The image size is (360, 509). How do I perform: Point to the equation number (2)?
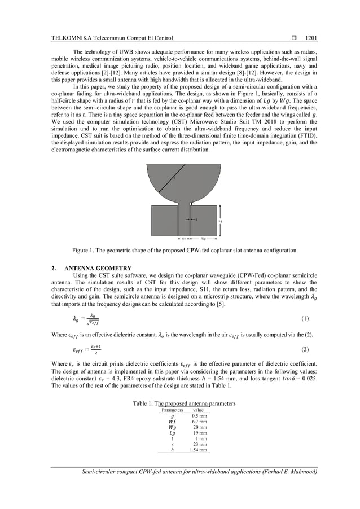(x=305, y=350)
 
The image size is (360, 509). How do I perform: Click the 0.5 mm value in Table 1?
(x=199, y=415)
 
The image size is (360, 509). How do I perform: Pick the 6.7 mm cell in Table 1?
(x=199, y=422)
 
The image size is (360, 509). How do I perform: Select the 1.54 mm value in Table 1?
(x=198, y=450)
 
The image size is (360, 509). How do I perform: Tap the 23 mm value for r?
(x=200, y=445)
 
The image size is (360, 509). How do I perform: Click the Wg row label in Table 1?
(x=172, y=427)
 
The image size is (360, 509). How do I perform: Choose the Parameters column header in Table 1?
(x=172, y=410)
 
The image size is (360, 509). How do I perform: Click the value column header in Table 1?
(x=199, y=410)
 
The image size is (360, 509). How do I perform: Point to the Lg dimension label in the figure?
(x=219, y=221)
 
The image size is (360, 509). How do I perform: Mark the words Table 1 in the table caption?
(x=144, y=403)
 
